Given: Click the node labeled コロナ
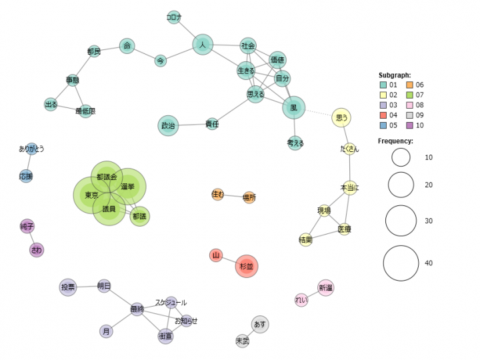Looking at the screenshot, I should [x=173, y=17].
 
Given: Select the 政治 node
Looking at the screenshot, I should [x=168, y=125].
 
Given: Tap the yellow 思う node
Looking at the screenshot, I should [x=341, y=117].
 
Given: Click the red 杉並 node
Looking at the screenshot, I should [x=247, y=266].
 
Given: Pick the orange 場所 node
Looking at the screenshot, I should [x=249, y=197].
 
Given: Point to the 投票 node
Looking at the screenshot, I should [x=68, y=287].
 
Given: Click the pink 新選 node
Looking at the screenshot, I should [x=325, y=287].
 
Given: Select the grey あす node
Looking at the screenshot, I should [x=260, y=324].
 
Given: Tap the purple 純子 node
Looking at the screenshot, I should [x=27, y=227].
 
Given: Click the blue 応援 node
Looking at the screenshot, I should [x=26, y=176].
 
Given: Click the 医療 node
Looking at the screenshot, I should [x=344, y=229].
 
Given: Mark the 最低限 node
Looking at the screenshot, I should [x=85, y=111].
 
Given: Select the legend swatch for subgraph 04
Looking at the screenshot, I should [x=383, y=105].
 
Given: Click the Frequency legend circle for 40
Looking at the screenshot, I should [x=401, y=263].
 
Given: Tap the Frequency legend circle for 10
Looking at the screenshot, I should [x=401, y=157].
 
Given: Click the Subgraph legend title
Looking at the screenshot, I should [x=394, y=75].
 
